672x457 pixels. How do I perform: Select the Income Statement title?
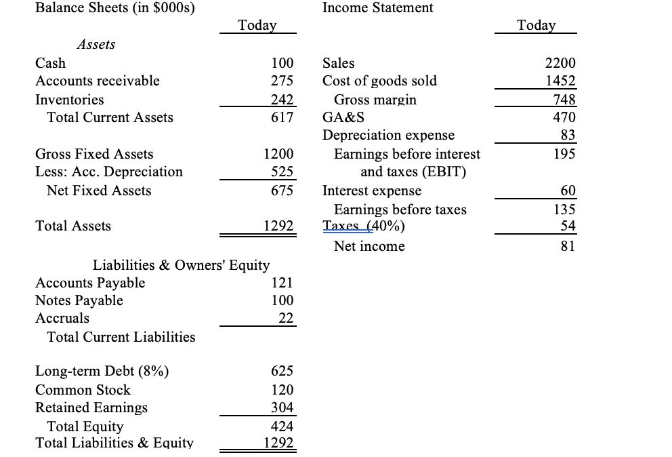tap(378, 8)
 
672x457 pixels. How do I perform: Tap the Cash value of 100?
tap(282, 63)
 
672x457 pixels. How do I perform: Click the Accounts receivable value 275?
tap(282, 81)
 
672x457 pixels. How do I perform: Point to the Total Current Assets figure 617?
tap(282, 118)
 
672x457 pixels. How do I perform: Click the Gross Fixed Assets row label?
tap(94, 154)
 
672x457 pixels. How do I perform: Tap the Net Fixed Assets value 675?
tap(282, 191)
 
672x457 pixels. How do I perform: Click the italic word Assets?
tap(96, 44)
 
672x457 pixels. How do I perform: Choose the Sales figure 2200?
tap(560, 63)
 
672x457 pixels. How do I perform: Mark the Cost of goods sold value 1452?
tap(560, 81)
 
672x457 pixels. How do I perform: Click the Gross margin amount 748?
tap(564, 100)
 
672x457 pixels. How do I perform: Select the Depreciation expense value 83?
tap(568, 136)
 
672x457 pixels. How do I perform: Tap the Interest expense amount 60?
tap(568, 191)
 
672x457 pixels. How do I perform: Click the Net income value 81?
tap(568, 246)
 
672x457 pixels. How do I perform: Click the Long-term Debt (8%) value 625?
tap(282, 371)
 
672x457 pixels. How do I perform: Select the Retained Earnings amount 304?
tap(282, 408)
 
